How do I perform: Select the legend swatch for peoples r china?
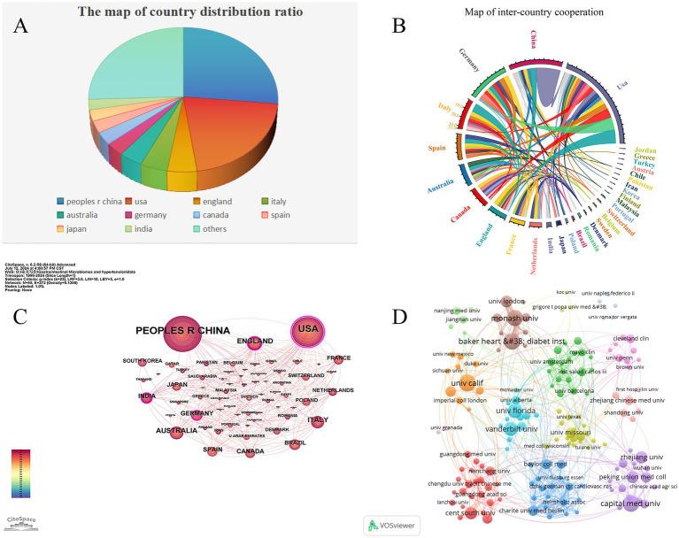coord(60,202)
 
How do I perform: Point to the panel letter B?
coord(398,26)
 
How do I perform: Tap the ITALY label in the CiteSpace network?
coord(317,419)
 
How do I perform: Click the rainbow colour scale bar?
coord(21,475)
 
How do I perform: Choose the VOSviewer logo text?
coord(395,524)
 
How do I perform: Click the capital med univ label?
coord(630,503)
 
